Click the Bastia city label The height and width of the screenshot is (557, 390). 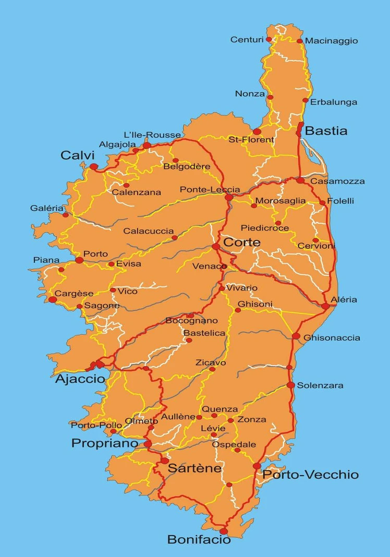326,131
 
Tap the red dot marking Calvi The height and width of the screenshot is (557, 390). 93,167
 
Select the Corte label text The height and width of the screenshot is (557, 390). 241,243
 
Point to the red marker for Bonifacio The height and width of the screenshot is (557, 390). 224,531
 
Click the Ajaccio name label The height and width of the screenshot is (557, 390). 80,379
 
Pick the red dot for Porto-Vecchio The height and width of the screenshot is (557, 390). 257,466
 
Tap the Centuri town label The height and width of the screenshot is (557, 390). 247,40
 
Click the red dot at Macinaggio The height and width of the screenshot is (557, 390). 300,41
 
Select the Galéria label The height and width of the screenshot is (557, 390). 46,208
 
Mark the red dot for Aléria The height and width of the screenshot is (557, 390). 325,306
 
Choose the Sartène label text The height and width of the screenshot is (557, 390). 194,468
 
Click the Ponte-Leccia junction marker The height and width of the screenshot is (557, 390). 229,197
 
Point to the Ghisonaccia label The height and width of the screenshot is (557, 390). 332,338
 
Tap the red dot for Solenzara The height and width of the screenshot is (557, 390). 290,385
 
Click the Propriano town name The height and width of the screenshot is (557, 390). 105,443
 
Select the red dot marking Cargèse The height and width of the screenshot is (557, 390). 53,299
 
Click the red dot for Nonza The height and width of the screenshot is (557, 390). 270,97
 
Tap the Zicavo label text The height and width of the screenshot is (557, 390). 211,362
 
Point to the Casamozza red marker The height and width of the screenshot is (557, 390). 300,180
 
